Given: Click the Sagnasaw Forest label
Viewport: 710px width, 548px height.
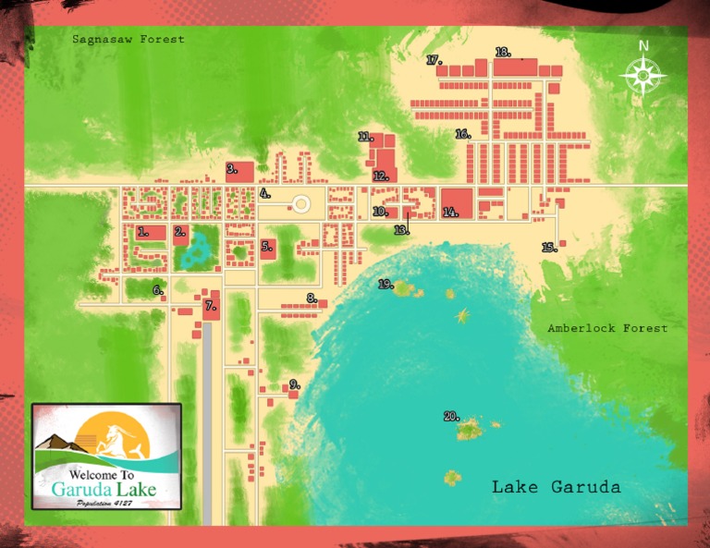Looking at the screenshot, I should coord(129,40).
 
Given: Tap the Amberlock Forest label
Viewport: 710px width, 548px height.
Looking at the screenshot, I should coord(606,328).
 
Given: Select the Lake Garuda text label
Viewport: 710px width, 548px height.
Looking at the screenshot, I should coord(556,486).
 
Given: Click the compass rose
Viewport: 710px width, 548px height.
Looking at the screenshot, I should coord(643,75).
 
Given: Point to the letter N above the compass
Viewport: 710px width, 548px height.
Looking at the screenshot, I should coord(643,46).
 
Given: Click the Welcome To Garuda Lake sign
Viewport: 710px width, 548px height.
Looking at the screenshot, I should coord(106,456).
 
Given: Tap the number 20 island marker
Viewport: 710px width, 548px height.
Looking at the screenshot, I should coord(451,417).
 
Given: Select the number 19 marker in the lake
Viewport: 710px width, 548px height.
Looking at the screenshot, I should coord(386,285).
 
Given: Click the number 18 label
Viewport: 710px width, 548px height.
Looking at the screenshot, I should coord(503,52).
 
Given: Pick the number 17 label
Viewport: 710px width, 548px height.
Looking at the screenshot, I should coord(435,60).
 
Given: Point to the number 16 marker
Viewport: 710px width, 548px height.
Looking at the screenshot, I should coord(462,134).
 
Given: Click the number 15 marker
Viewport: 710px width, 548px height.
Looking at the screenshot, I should coord(549,247).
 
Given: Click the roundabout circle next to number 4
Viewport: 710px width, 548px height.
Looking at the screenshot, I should coord(300,204).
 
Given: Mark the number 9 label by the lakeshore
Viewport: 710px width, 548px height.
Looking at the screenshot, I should coord(295,384).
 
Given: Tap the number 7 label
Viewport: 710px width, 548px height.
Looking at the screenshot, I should coord(210,305).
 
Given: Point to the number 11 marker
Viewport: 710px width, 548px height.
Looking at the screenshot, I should coord(365,137).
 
